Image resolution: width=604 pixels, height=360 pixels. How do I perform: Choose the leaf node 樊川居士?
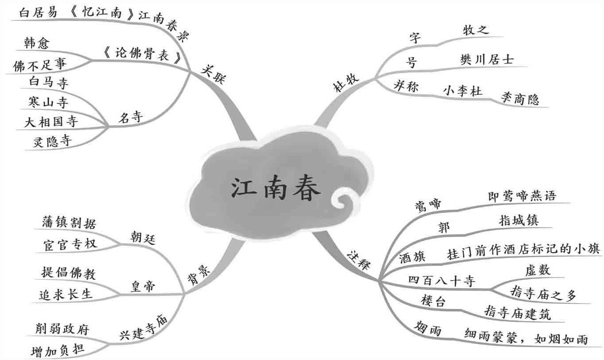point(487,59)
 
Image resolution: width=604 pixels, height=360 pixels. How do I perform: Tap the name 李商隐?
point(520,98)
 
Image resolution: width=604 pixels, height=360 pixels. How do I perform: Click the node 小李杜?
point(463,90)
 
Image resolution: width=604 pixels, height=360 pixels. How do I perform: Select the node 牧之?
point(475,30)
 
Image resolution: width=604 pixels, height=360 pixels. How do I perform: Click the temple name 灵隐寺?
point(52,141)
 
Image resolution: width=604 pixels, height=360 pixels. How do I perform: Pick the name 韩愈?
point(38,43)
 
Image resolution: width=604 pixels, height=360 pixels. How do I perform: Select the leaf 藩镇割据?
point(69,222)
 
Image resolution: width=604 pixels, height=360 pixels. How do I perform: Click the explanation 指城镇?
point(518,220)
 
